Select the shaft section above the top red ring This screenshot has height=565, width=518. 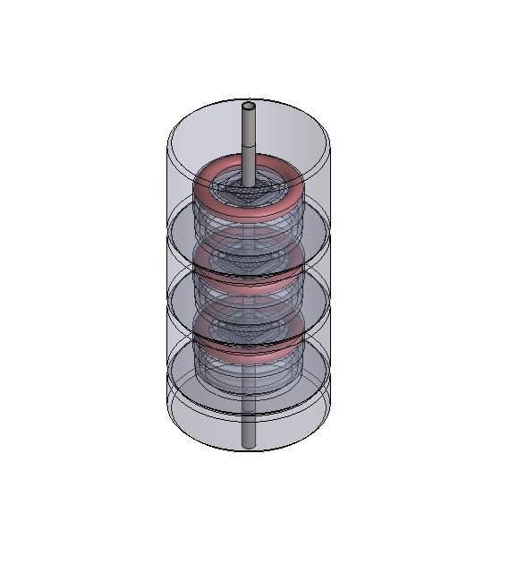pos(249,143)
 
